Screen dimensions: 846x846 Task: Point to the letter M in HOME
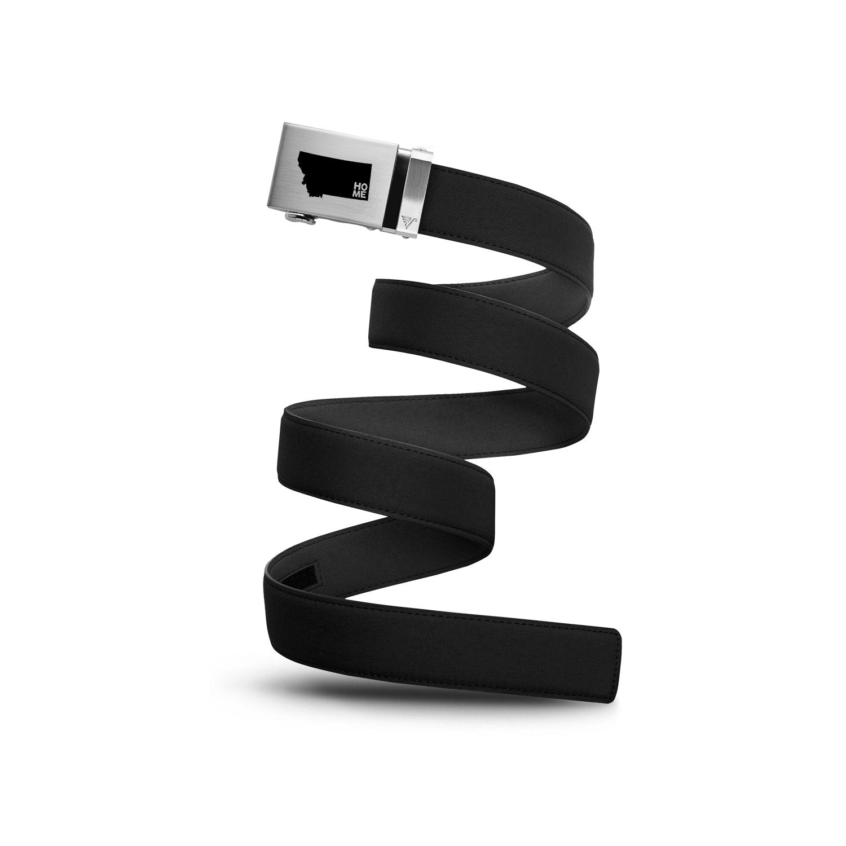[356, 194]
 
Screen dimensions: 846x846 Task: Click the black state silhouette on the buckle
[333, 175]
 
